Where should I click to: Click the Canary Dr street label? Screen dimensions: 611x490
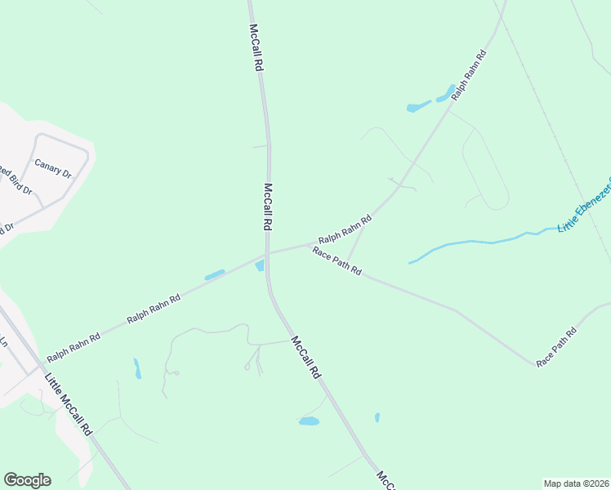pos(53,168)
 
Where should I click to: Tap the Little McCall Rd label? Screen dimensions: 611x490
pos(69,404)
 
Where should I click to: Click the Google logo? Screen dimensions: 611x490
pos(27,480)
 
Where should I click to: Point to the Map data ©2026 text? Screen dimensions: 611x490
pos(577,483)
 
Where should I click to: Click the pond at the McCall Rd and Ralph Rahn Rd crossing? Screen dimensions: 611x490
pos(260,266)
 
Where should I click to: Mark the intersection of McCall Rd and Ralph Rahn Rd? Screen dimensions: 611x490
pos(267,254)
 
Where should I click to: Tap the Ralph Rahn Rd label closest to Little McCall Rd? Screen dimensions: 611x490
pos(74,346)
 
